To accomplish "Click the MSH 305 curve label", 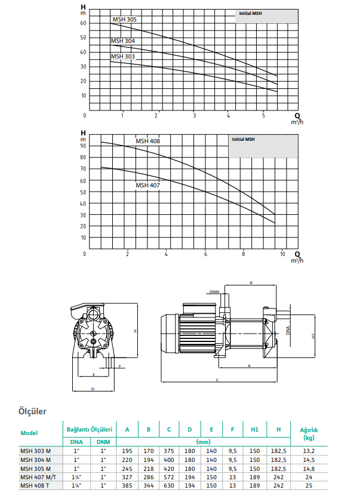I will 124,20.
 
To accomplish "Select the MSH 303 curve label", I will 122,56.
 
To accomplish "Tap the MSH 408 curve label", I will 147,141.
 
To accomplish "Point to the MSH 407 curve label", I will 147,185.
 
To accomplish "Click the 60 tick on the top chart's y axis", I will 84,23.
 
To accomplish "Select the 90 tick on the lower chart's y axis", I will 84,146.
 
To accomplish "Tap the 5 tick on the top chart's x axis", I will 263,115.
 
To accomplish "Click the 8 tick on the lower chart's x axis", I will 244,255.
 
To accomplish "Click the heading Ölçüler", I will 33,411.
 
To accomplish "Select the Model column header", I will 30,433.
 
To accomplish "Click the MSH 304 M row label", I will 35,460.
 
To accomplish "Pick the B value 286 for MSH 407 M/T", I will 148,477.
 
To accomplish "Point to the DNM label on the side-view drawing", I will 214,292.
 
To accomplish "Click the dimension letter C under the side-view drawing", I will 217,380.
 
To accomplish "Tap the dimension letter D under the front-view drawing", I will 93,389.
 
